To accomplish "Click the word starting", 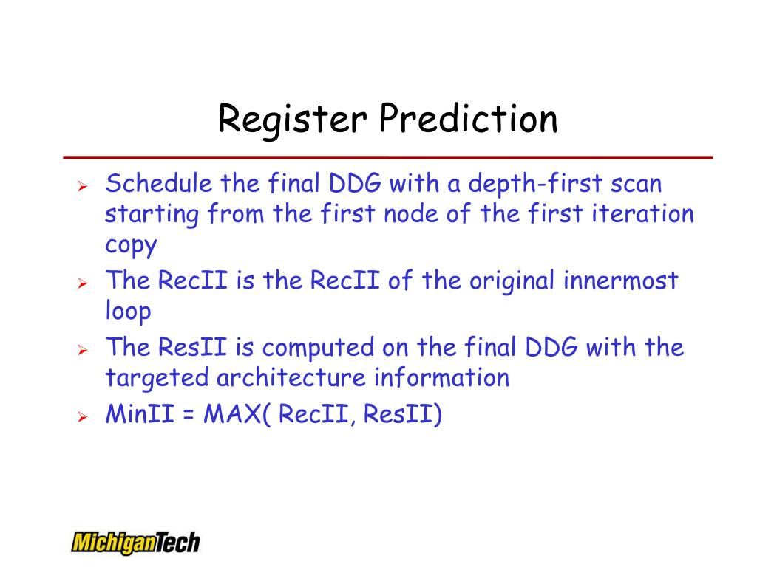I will (152, 215).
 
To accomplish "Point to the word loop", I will (128, 311).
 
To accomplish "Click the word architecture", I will (291, 378).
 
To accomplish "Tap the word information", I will (441, 378).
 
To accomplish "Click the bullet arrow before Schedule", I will (83, 185).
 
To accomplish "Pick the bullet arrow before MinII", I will (83, 416).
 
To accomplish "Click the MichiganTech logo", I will (135, 542).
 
